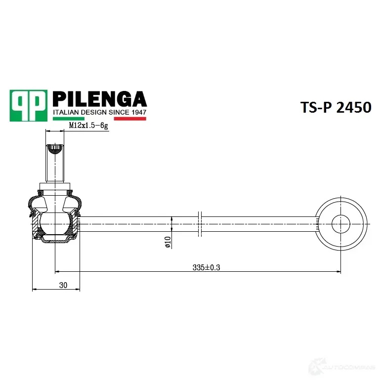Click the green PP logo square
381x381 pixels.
29,105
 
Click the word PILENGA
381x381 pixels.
100,99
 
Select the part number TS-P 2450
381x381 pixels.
336,107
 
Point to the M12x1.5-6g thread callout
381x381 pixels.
88,126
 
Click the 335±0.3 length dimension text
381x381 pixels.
206,267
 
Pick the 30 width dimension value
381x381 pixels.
63,285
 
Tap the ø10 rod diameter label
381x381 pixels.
168,242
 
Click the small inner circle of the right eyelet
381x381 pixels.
340,224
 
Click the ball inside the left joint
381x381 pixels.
55,223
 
